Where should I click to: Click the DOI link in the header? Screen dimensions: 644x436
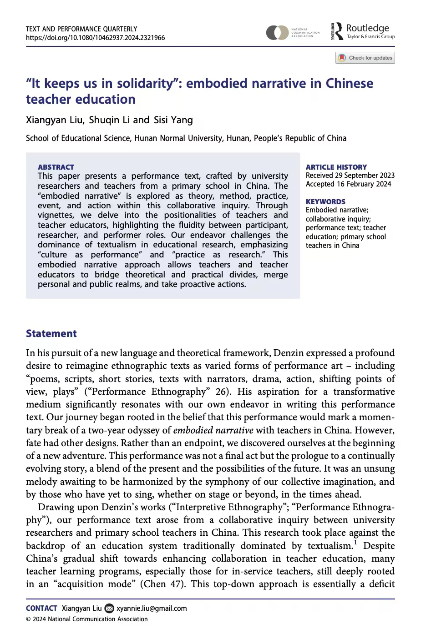95,38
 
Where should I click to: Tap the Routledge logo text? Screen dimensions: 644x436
367,28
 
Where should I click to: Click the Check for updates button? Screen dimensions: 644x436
365,58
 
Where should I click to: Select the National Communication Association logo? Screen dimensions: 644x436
293,33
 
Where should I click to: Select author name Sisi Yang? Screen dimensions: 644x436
173,120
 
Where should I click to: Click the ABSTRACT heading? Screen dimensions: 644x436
56,167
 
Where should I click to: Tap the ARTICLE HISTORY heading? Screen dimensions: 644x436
336,167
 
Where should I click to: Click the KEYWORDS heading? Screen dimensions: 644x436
325,201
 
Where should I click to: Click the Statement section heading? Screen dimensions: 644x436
51,333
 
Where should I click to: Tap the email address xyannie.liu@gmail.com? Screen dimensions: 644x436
152,609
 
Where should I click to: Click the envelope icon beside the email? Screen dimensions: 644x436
109,609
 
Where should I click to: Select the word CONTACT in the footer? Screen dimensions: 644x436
41,609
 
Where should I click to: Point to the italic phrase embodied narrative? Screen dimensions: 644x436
213,430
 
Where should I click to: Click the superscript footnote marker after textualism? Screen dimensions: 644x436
355,543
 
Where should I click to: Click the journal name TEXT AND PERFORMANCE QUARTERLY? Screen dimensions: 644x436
81,29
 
